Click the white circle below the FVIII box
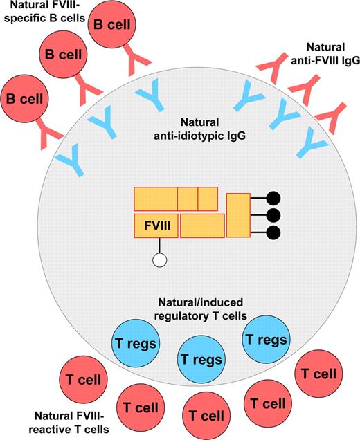coord(160,261)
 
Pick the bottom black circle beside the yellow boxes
coord(273,231)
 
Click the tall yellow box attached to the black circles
coord(237,214)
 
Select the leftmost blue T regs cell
coord(136,342)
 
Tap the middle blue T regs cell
coord(201,359)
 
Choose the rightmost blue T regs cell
coord(267,340)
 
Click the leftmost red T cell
coord(83,380)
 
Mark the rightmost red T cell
coord(319,374)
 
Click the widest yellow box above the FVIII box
coord(156,199)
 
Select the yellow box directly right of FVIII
coord(203,226)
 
